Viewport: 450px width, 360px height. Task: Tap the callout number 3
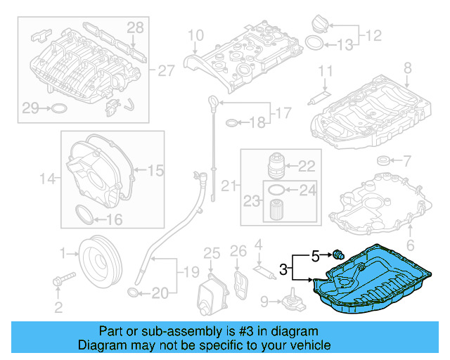283,268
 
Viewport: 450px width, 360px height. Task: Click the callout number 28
135,28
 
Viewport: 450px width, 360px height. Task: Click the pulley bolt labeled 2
59,281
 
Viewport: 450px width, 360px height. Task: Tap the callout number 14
47,179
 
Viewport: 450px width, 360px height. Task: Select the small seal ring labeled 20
133,292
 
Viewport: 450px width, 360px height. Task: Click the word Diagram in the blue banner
103,345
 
